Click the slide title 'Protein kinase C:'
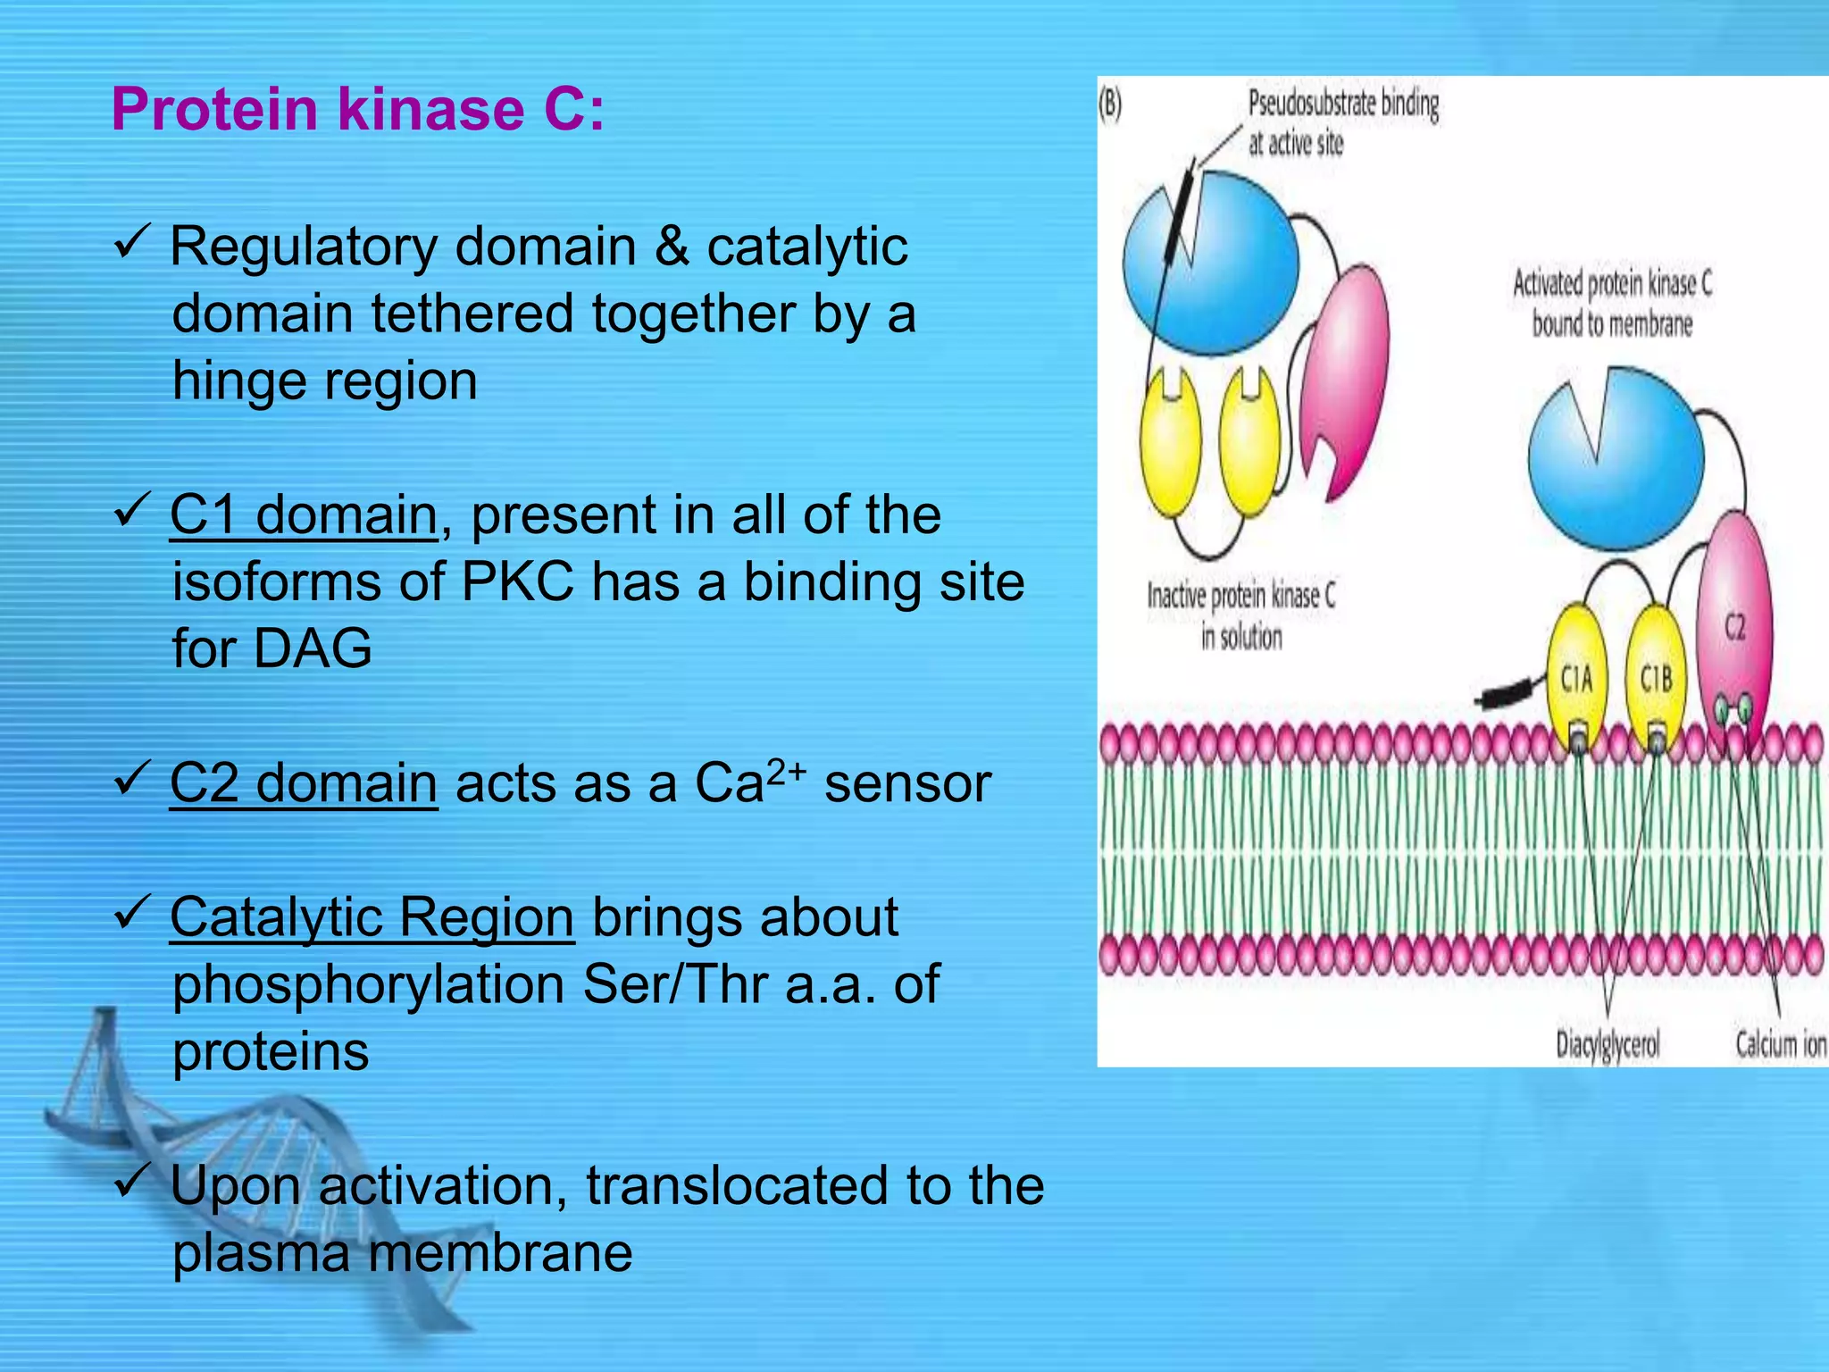pyautogui.click(x=357, y=109)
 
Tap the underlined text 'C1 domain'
pyautogui.click(x=304, y=515)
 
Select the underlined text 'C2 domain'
pyautogui.click(x=304, y=783)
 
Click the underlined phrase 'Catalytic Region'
pyautogui.click(x=372, y=917)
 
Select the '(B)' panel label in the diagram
pyautogui.click(x=1110, y=105)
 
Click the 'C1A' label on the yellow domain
pyautogui.click(x=1576, y=681)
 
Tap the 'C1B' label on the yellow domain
pyautogui.click(x=1656, y=681)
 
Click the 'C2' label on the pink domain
pyautogui.click(x=1734, y=628)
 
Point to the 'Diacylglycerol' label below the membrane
pyautogui.click(x=1608, y=1044)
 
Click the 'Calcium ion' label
pyautogui.click(x=1780, y=1043)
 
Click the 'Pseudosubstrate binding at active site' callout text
pyautogui.click(x=1342, y=123)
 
